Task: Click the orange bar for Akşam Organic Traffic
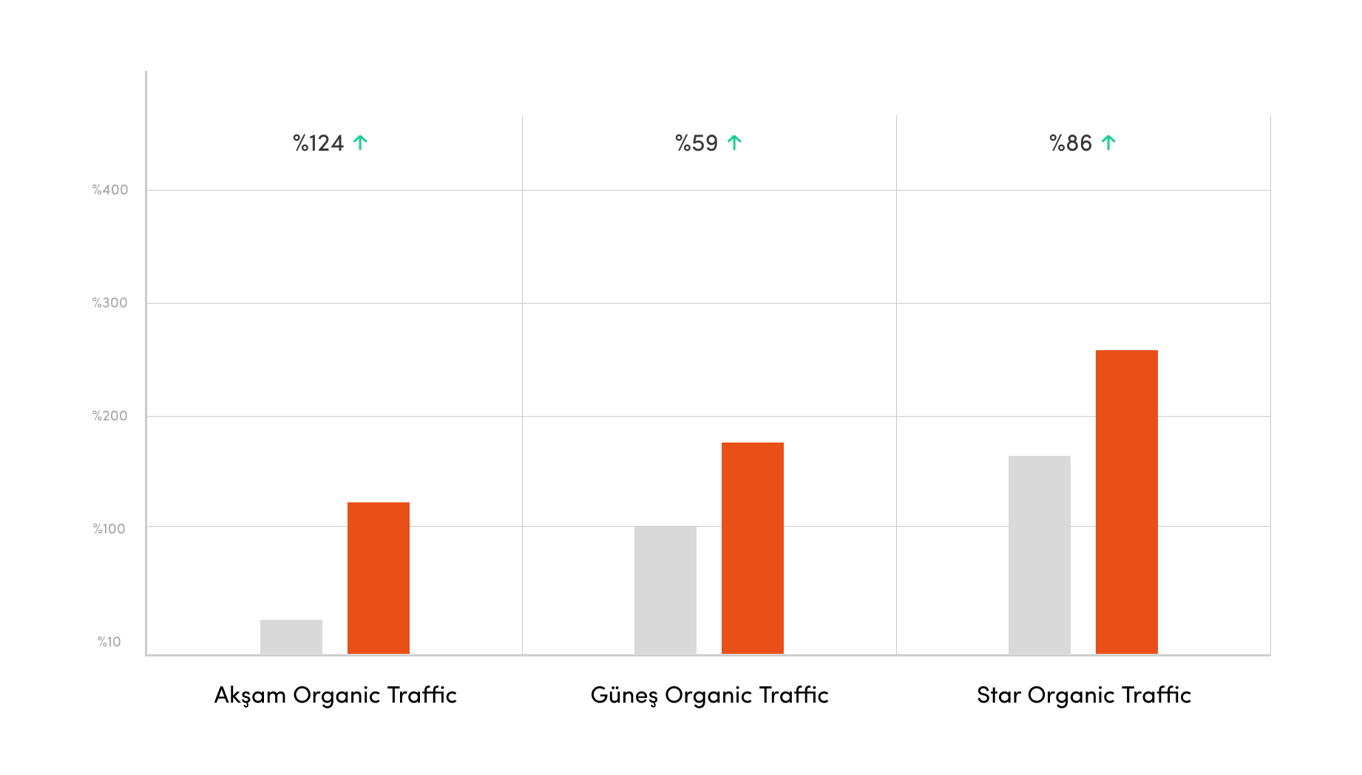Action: point(379,578)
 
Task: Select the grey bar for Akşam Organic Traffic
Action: point(291,637)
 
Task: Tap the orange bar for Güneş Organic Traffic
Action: point(753,548)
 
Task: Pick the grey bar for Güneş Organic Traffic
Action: point(665,590)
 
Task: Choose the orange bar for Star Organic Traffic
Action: point(1127,502)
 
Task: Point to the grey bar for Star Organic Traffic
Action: point(1040,555)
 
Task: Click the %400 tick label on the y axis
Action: point(110,190)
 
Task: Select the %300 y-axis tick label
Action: point(110,303)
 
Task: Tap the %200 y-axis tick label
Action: point(110,416)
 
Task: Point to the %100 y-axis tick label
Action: point(109,529)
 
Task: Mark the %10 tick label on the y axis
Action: point(109,642)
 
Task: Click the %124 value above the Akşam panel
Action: point(319,143)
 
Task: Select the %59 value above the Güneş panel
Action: point(697,143)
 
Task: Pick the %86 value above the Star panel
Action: point(1071,143)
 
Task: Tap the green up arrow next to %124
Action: point(360,143)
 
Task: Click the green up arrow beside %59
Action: point(734,143)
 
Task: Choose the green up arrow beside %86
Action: point(1108,143)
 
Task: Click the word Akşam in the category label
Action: point(250,695)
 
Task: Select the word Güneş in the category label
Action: point(624,695)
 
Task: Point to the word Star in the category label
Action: point(998,695)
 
